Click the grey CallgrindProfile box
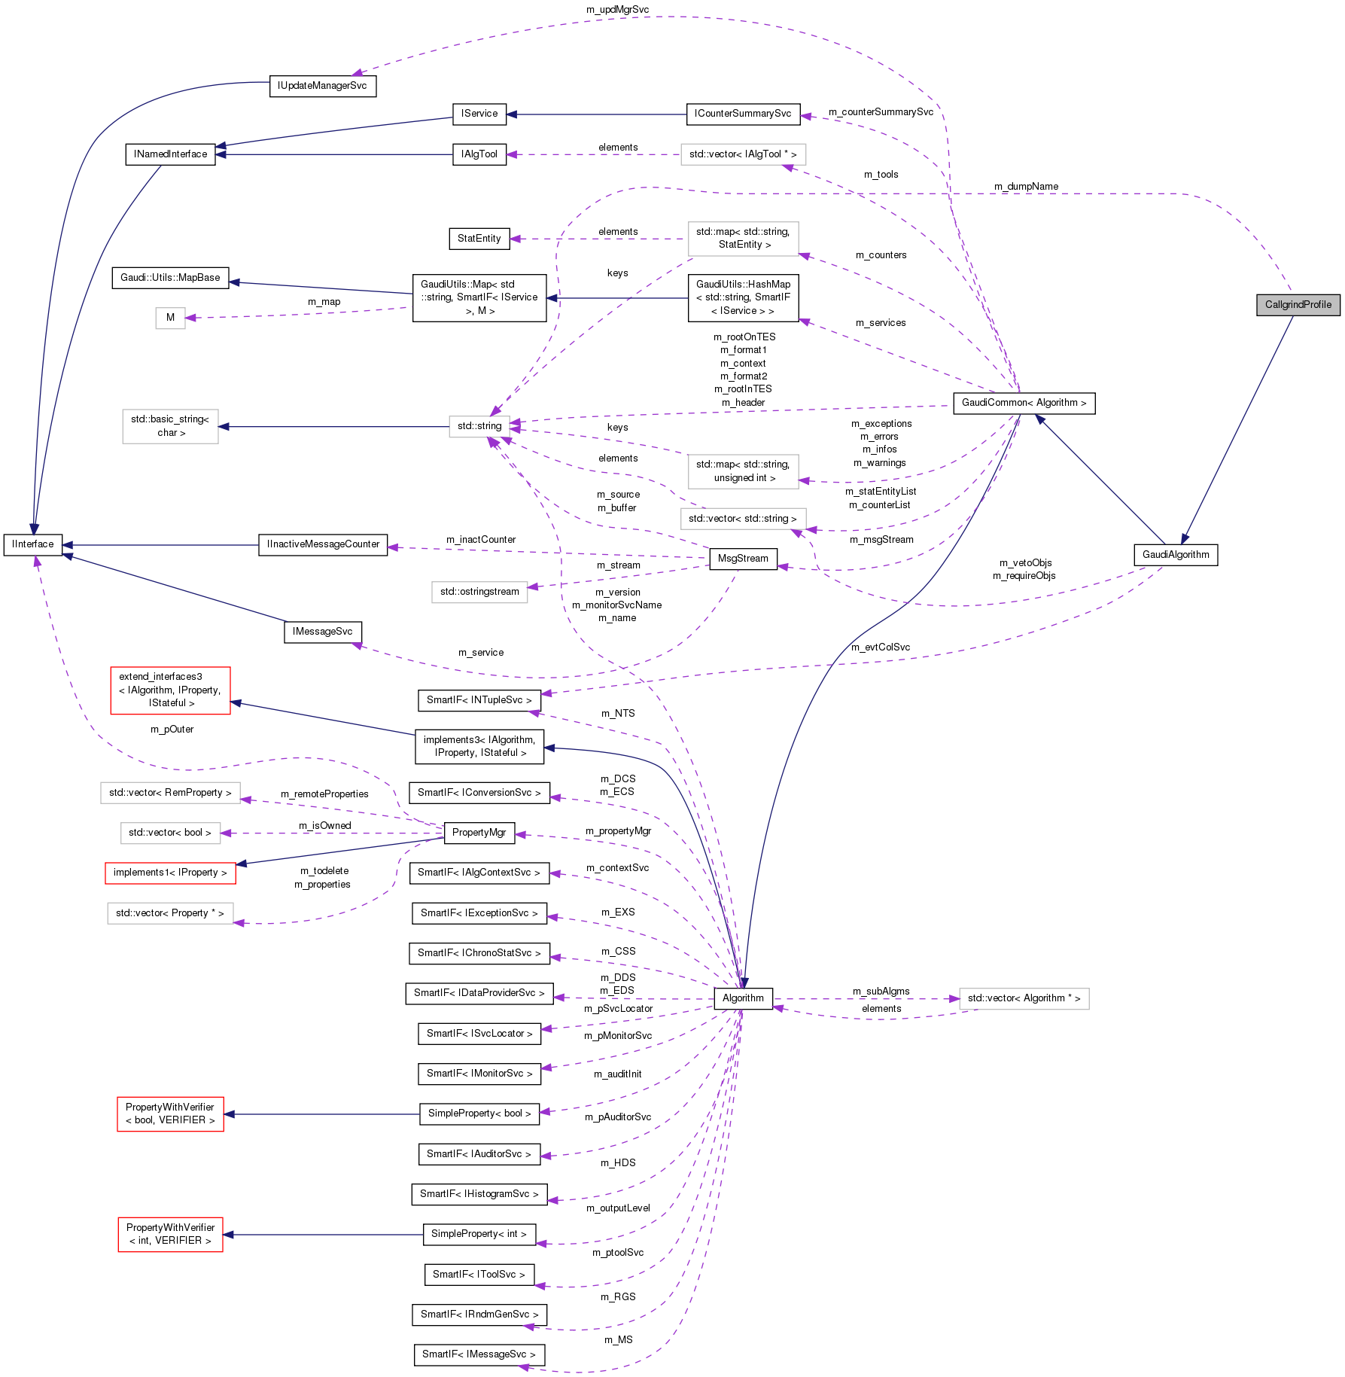tap(1298, 305)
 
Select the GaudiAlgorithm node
tap(1175, 555)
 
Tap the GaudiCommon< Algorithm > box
tap(1024, 403)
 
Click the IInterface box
tap(32, 544)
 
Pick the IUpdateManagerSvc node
tap(322, 86)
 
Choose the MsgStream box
tap(743, 559)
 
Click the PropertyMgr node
tap(479, 833)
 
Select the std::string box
tap(479, 426)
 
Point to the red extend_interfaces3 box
tap(170, 690)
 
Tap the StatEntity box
tap(479, 239)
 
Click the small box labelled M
tap(170, 318)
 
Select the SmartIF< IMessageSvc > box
tap(479, 1354)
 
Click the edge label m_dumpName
tap(1026, 187)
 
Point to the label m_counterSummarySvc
tap(881, 112)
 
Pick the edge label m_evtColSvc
tap(881, 647)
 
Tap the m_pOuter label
tap(172, 730)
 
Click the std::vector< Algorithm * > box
tap(1024, 998)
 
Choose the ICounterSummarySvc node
tap(743, 114)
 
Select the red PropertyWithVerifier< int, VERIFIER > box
tap(170, 1234)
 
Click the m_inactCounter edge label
tap(481, 540)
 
